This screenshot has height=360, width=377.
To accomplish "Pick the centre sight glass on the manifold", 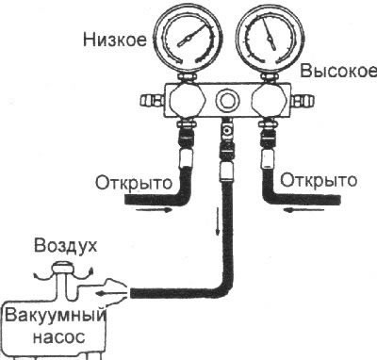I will click(x=226, y=99).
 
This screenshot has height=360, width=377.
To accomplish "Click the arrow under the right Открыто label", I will click(x=294, y=210).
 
